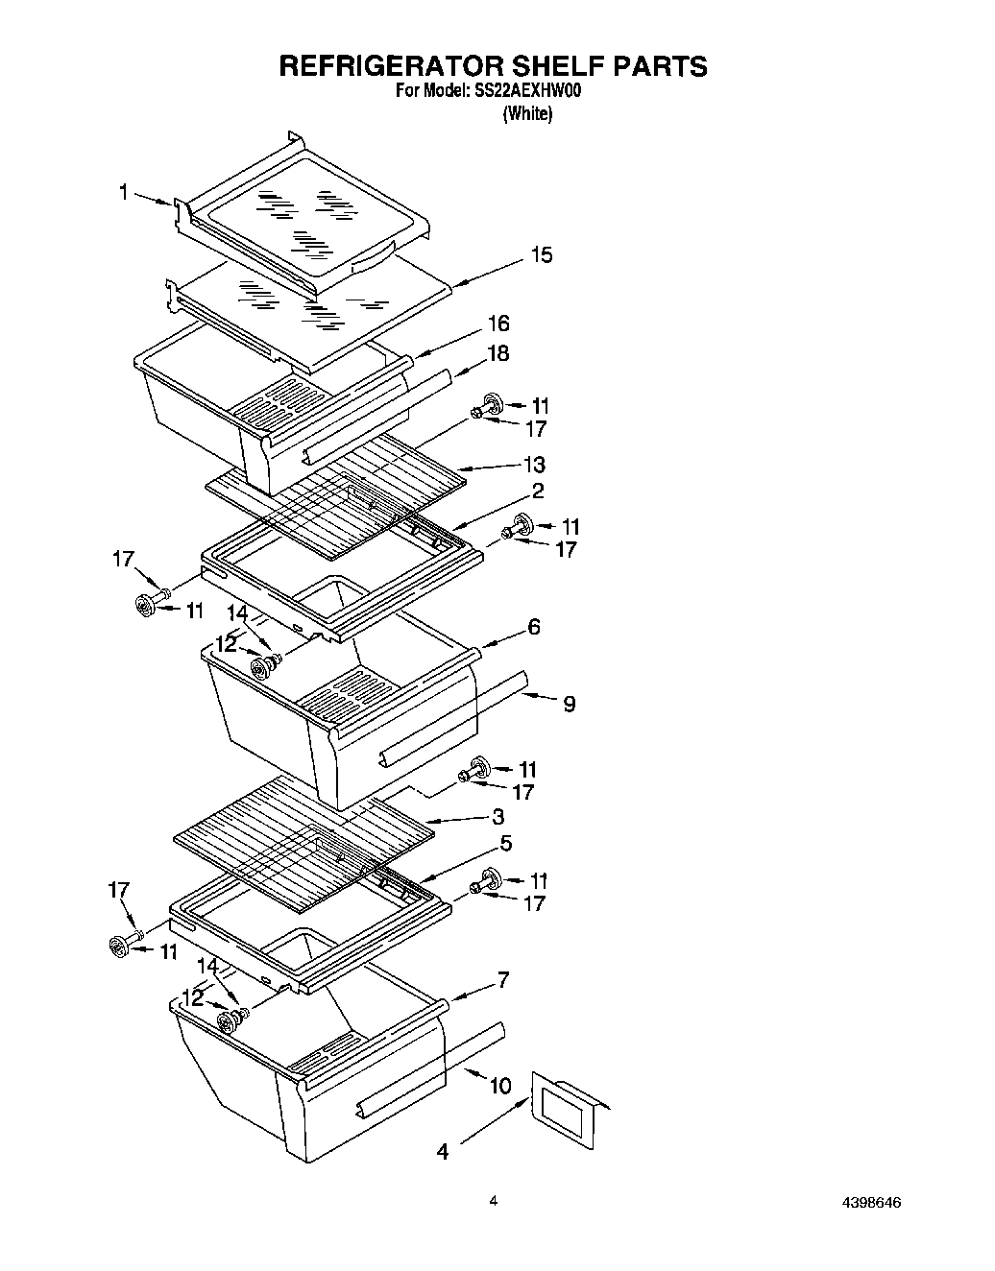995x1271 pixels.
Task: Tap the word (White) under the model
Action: [527, 113]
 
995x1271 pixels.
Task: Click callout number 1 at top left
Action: [123, 193]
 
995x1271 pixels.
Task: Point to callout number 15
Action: [542, 255]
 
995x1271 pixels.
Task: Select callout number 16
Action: [497, 324]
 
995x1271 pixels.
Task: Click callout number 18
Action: [497, 353]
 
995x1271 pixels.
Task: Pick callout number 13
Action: [533, 465]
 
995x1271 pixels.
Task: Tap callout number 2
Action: [537, 491]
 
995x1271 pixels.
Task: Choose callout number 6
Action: [533, 627]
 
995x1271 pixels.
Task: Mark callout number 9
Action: [569, 705]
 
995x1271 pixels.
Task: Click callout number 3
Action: [497, 817]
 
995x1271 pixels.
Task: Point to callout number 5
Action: [505, 843]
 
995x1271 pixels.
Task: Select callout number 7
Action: [502, 980]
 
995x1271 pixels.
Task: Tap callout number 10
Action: [499, 1086]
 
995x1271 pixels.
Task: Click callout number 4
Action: [442, 1150]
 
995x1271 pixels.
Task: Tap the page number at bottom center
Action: [493, 1200]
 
